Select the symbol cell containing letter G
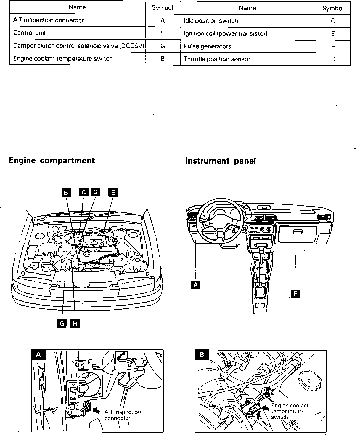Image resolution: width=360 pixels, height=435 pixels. click(x=163, y=46)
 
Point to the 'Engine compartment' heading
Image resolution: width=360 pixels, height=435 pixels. click(x=52, y=161)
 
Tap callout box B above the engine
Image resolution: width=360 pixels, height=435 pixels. click(x=66, y=193)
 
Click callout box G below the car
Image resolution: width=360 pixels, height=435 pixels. click(x=62, y=324)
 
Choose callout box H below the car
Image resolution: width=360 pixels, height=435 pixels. click(x=75, y=324)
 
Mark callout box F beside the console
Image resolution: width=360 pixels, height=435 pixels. click(x=295, y=293)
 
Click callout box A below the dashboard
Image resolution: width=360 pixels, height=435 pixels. click(x=195, y=285)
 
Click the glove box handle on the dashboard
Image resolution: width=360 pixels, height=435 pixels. click(x=298, y=232)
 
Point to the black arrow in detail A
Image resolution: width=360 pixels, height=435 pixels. click(x=97, y=410)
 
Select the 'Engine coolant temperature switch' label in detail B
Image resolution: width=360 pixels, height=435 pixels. click(x=286, y=411)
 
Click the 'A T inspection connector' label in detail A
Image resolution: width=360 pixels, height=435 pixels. click(x=122, y=415)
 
